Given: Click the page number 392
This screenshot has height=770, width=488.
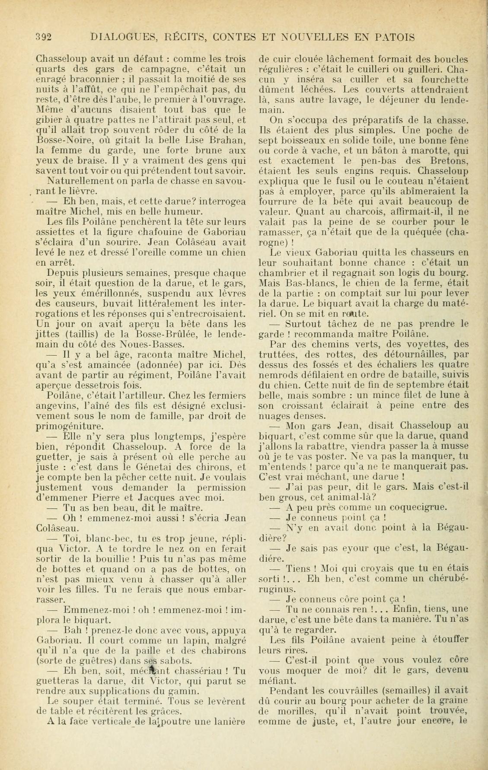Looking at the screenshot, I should (44, 37).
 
